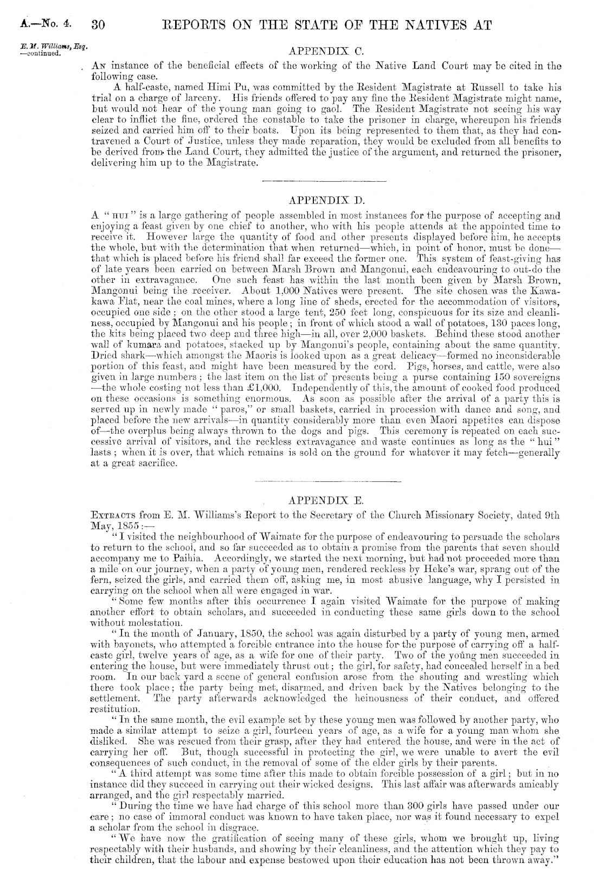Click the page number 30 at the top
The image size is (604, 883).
[101, 24]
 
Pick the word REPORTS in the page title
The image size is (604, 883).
[191, 24]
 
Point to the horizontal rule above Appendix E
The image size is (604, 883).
[327, 481]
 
